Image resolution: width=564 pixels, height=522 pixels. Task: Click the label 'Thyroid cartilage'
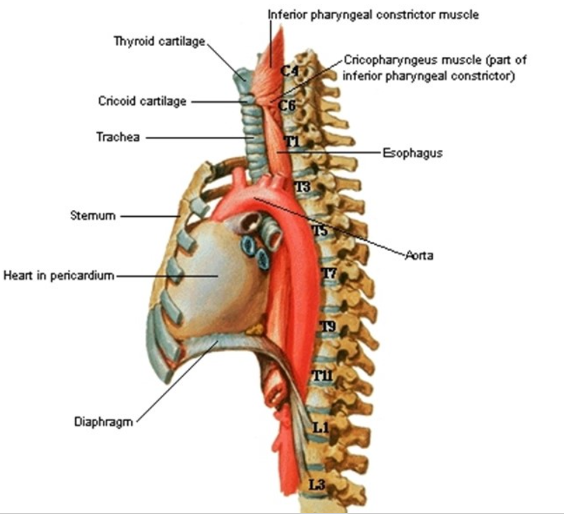(x=159, y=41)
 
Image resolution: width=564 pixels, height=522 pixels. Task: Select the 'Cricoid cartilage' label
(x=143, y=101)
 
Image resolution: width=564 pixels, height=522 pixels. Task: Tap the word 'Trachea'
(x=118, y=137)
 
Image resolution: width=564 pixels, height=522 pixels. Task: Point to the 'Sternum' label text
(x=92, y=215)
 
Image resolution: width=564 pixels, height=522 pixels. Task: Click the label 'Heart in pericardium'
(x=58, y=275)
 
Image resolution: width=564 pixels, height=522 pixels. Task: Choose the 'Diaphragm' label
(x=104, y=422)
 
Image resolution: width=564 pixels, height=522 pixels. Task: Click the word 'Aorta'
(x=420, y=256)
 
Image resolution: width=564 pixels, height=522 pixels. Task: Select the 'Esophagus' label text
(x=412, y=153)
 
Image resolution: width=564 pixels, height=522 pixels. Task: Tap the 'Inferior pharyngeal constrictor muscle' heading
(x=373, y=15)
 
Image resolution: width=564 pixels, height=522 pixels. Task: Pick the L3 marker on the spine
(x=317, y=484)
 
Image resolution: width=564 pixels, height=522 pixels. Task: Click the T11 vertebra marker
(x=323, y=377)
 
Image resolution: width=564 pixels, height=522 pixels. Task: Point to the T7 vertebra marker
(x=329, y=274)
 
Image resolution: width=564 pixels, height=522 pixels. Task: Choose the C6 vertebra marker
(x=287, y=106)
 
